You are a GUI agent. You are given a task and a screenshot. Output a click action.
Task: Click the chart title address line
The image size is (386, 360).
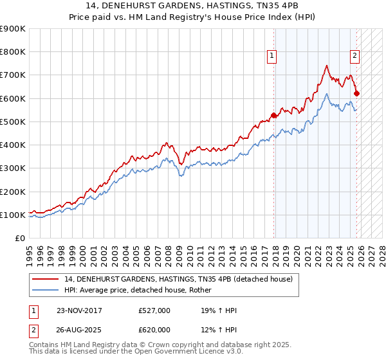click(193, 6)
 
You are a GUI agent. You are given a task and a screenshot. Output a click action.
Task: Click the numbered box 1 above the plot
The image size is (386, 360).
click(272, 57)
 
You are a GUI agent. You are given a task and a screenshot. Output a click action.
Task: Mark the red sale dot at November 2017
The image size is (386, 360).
click(274, 116)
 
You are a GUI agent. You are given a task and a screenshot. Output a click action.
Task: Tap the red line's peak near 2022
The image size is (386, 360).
click(327, 66)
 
